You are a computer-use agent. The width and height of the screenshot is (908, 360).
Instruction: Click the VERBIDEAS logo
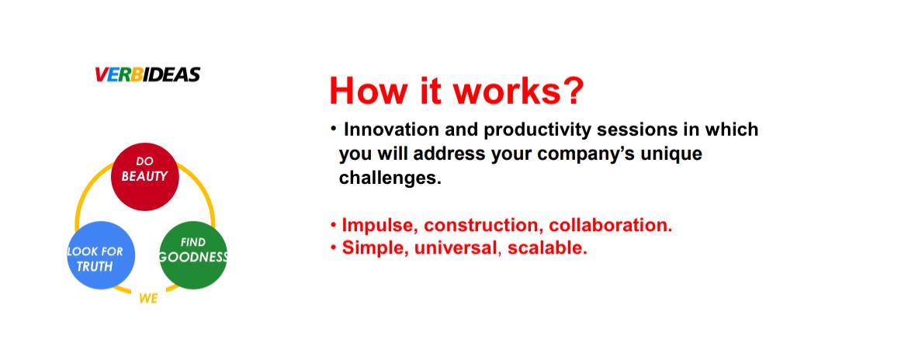click(x=147, y=74)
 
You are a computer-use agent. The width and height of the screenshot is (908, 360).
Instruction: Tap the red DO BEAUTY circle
click(x=145, y=177)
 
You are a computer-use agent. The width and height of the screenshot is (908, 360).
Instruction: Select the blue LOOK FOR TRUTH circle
click(x=102, y=255)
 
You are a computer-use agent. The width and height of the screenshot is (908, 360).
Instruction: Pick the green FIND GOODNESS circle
click(x=192, y=255)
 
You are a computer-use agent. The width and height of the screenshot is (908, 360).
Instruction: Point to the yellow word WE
click(x=148, y=299)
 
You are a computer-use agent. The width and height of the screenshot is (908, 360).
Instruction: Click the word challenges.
click(x=390, y=178)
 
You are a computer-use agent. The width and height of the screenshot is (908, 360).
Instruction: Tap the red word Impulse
click(x=380, y=225)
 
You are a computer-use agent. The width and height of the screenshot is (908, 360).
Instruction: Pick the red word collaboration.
click(x=610, y=225)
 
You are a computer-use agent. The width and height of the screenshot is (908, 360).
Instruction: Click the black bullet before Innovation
click(x=333, y=128)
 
